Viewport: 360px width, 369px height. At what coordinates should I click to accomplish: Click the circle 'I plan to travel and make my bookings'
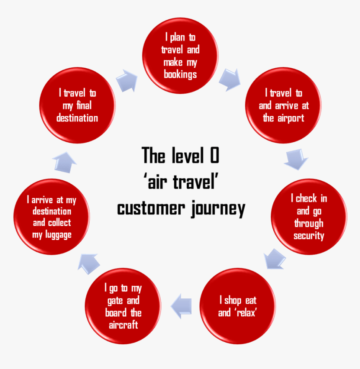[180, 56]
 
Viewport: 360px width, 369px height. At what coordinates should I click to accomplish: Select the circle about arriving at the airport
[283, 105]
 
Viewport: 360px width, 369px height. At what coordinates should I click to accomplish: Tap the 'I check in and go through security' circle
[309, 217]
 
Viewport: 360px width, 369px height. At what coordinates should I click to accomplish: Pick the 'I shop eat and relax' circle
[237, 306]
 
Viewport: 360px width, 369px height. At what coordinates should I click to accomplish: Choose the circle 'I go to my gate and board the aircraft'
[123, 306]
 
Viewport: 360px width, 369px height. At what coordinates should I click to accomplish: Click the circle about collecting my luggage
[52, 217]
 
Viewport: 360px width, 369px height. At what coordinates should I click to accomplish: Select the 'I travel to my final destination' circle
[77, 105]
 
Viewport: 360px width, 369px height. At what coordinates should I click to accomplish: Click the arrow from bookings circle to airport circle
[230, 79]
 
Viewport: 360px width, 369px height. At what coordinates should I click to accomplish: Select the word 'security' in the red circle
[309, 236]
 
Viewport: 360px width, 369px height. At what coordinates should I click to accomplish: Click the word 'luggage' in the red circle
[52, 235]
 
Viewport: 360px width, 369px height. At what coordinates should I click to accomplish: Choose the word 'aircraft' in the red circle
[123, 325]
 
